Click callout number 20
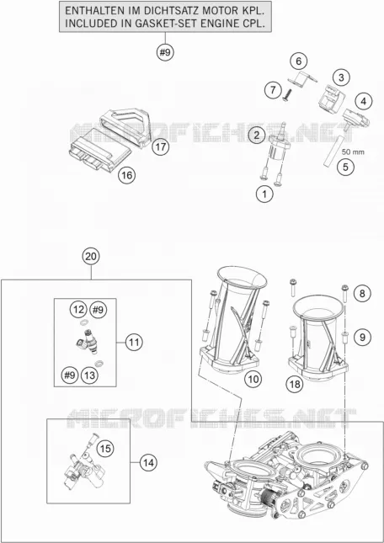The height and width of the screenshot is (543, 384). click(91, 258)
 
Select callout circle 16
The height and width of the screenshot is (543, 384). click(126, 176)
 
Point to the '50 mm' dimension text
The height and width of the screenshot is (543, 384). click(353, 152)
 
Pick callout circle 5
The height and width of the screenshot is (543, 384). click(345, 168)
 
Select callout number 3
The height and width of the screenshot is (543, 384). click(342, 77)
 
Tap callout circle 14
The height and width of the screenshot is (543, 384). click(148, 463)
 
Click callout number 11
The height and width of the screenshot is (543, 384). click(134, 343)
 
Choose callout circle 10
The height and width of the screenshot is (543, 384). click(253, 379)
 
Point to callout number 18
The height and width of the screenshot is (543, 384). click(296, 384)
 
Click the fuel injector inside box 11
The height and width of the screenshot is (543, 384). click(88, 341)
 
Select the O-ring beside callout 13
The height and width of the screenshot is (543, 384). click(100, 363)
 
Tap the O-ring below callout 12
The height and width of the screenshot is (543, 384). click(83, 322)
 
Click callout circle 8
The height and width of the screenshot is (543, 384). click(362, 294)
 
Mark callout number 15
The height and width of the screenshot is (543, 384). click(105, 449)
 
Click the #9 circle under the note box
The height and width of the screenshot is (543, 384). click(165, 53)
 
